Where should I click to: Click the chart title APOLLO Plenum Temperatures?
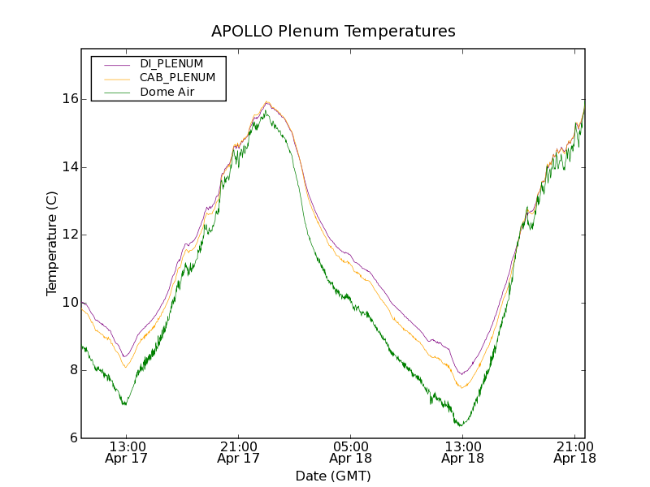tap(333, 32)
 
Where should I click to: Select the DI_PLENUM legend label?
tap(171, 63)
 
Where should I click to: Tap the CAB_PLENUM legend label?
tap(177, 78)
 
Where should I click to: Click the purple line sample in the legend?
tap(115, 63)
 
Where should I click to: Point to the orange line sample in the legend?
tap(115, 78)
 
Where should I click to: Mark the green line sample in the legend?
tap(115, 93)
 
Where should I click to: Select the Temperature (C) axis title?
tap(52, 243)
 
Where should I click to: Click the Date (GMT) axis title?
tap(333, 476)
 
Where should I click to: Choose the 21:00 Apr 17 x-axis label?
tap(239, 452)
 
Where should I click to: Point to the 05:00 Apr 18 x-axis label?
tap(351, 452)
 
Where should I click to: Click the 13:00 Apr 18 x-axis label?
tap(462, 452)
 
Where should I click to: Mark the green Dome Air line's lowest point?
tap(461, 425)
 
